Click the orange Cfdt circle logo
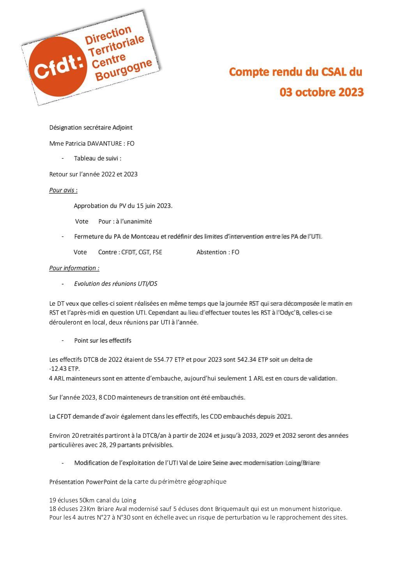(x=58, y=66)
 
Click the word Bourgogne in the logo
(x=123, y=70)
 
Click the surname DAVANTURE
(x=105, y=143)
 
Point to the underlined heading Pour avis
(x=63, y=190)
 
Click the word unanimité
(x=136, y=221)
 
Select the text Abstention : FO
(x=218, y=252)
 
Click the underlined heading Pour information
(x=74, y=268)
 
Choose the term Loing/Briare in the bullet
(x=301, y=463)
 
